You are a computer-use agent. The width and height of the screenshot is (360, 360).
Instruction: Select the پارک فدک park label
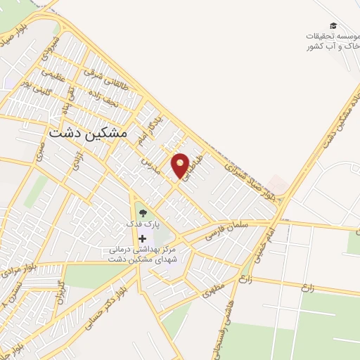pos(144,223)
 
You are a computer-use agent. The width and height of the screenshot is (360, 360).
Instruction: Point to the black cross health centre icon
pos(143,239)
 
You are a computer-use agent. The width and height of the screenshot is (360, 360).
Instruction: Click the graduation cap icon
pos(333,25)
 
